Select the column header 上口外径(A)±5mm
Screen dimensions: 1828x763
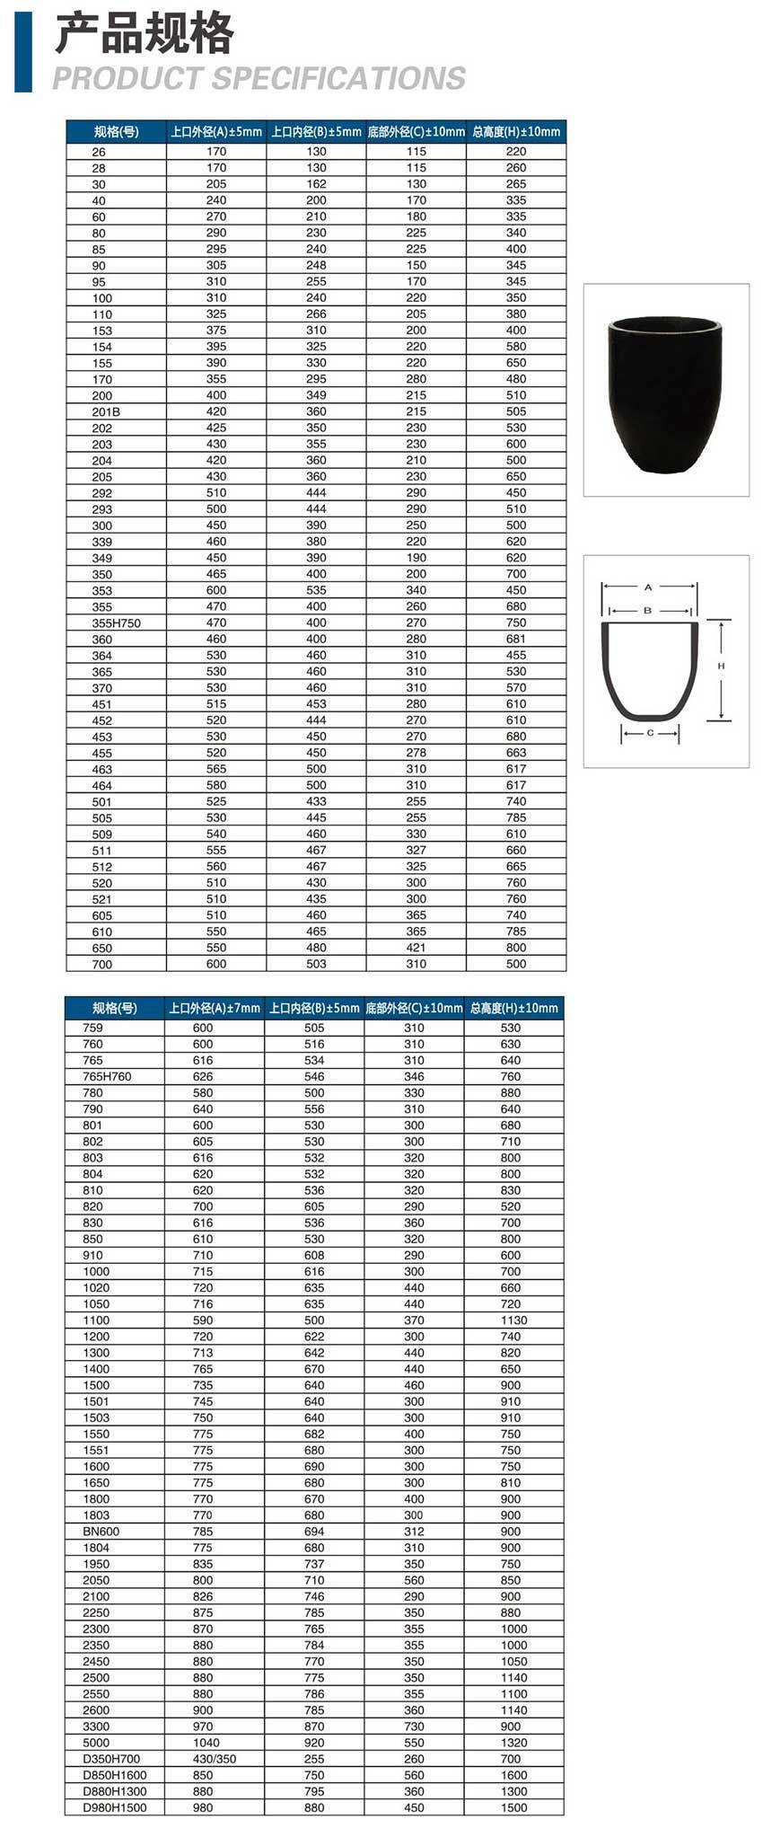[216, 131]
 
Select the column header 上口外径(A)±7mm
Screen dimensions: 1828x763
[215, 1008]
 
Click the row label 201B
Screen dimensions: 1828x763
[106, 411]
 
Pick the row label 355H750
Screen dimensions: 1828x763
[116, 623]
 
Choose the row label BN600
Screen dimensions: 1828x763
[101, 1532]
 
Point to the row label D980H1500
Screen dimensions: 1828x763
[114, 1807]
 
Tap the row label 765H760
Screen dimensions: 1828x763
[107, 1076]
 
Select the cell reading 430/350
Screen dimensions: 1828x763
[214, 1759]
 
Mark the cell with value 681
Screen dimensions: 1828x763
[515, 639]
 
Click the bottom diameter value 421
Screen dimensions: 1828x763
[416, 948]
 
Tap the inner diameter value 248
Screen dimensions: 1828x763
[316, 265]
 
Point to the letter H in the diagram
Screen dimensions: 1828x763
[721, 667]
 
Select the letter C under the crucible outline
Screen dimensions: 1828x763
[650, 733]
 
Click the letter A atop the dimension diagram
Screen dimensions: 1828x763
[648, 587]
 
